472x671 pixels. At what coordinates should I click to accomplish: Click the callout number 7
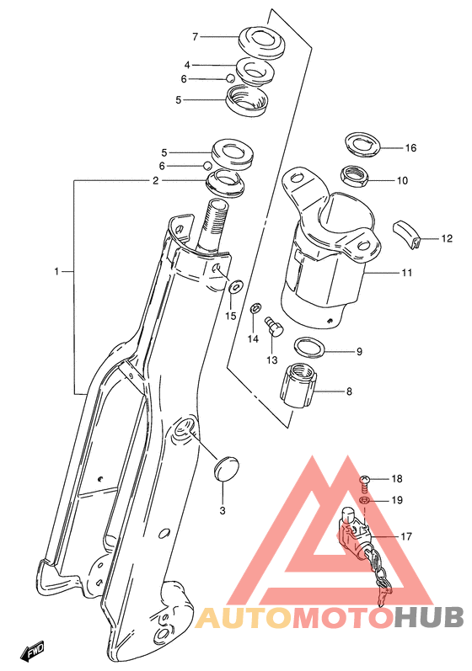tap(195, 37)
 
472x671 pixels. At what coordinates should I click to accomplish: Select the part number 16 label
tap(410, 148)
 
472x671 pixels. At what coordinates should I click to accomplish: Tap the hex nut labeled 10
tap(354, 175)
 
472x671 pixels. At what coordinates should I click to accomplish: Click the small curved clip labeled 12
tap(406, 235)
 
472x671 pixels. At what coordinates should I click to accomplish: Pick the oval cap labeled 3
tap(226, 469)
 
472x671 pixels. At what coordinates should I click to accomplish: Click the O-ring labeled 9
tap(309, 347)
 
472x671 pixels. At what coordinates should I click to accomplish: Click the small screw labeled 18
tap(364, 482)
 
